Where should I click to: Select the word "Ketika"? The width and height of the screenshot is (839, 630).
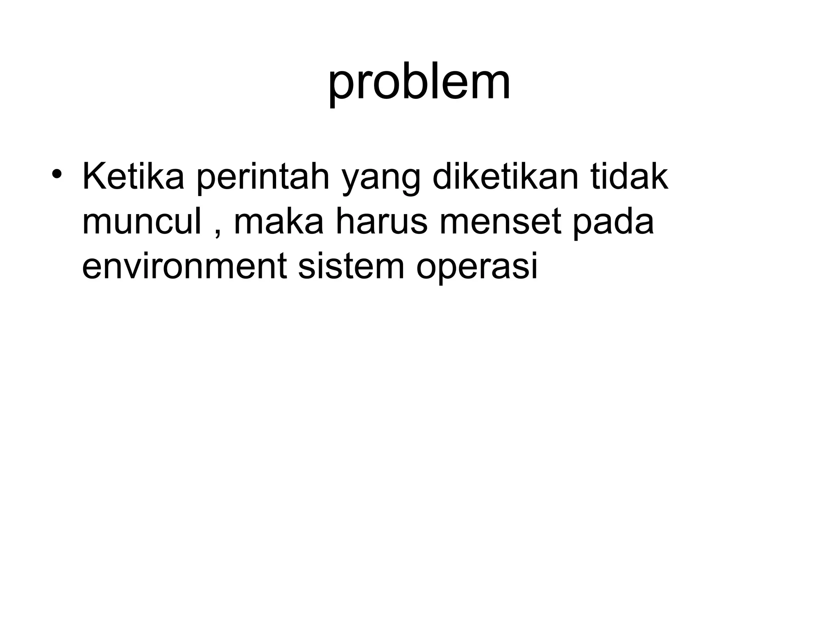[133, 177]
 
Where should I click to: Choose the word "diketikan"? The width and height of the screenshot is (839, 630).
[506, 177]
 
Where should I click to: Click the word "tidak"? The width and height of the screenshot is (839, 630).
[629, 177]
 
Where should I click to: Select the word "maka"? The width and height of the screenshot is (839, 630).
[279, 222]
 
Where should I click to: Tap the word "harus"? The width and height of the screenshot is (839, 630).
[381, 222]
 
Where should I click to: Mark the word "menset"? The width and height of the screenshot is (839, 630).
[500, 222]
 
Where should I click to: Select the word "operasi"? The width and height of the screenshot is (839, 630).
[476, 268]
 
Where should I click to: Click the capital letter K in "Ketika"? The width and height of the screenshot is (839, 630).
[93, 177]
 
